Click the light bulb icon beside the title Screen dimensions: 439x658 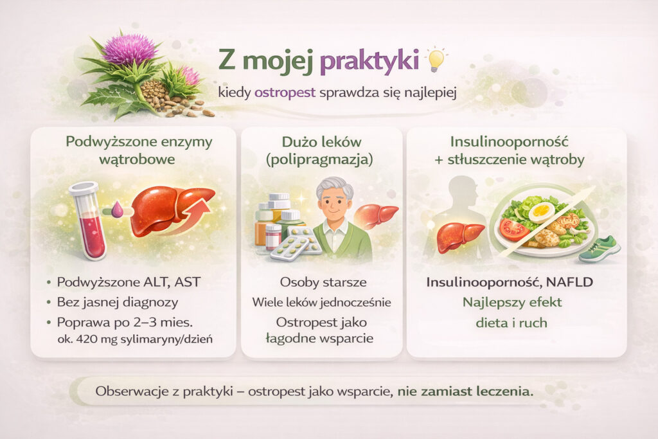[436, 60]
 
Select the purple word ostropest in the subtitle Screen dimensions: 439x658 [285, 92]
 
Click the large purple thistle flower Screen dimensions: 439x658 [130, 49]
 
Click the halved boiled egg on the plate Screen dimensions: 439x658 [541, 211]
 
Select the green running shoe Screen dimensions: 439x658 [599, 249]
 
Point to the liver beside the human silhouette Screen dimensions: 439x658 [460, 237]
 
